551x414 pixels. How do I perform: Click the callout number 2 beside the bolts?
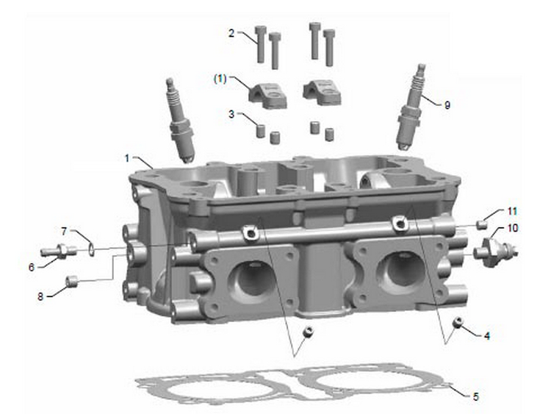tap(231, 33)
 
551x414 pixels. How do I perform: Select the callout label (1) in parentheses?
tap(220, 79)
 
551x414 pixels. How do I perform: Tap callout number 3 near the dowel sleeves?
tap(231, 114)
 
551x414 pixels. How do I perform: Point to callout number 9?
tap(447, 105)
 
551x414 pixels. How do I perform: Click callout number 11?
tap(512, 211)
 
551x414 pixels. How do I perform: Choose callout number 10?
tap(513, 228)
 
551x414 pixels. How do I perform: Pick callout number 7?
tap(64, 231)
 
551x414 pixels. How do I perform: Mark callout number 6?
tap(32, 268)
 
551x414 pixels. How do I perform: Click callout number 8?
tap(40, 296)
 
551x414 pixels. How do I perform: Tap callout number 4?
tap(486, 336)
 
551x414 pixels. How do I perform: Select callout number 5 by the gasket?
tap(475, 397)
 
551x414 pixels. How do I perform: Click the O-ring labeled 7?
tap(92, 249)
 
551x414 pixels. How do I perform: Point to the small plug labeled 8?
tap(72, 281)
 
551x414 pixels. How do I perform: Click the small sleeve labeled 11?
tap(482, 224)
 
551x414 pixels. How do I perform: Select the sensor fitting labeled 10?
tap(494, 251)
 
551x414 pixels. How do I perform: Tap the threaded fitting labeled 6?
tap(59, 251)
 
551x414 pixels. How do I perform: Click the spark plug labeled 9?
tap(410, 107)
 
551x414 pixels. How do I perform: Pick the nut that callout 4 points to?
tap(458, 322)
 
